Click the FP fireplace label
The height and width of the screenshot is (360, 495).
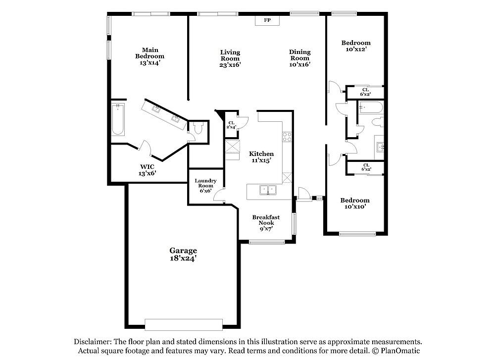coord(267,20)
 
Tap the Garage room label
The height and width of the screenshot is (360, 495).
coord(183,255)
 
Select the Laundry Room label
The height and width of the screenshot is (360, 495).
coord(205,186)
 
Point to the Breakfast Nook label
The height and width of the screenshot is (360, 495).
coord(266,223)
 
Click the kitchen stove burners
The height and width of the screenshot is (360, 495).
coord(287,137)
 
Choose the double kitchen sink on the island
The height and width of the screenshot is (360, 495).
coord(268,190)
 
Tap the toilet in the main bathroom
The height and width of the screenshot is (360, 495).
coord(198,129)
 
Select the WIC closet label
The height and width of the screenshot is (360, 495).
coord(147,170)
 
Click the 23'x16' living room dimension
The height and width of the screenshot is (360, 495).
coord(230,65)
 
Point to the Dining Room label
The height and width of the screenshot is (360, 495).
coord(300,55)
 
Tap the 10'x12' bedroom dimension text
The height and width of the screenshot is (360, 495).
coord(356,49)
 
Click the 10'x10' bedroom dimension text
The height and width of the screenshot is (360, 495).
coord(355,206)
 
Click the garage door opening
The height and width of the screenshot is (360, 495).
coord(184,325)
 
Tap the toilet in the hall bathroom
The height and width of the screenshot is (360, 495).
coord(378,122)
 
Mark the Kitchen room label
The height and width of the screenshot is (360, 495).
coord(261,154)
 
